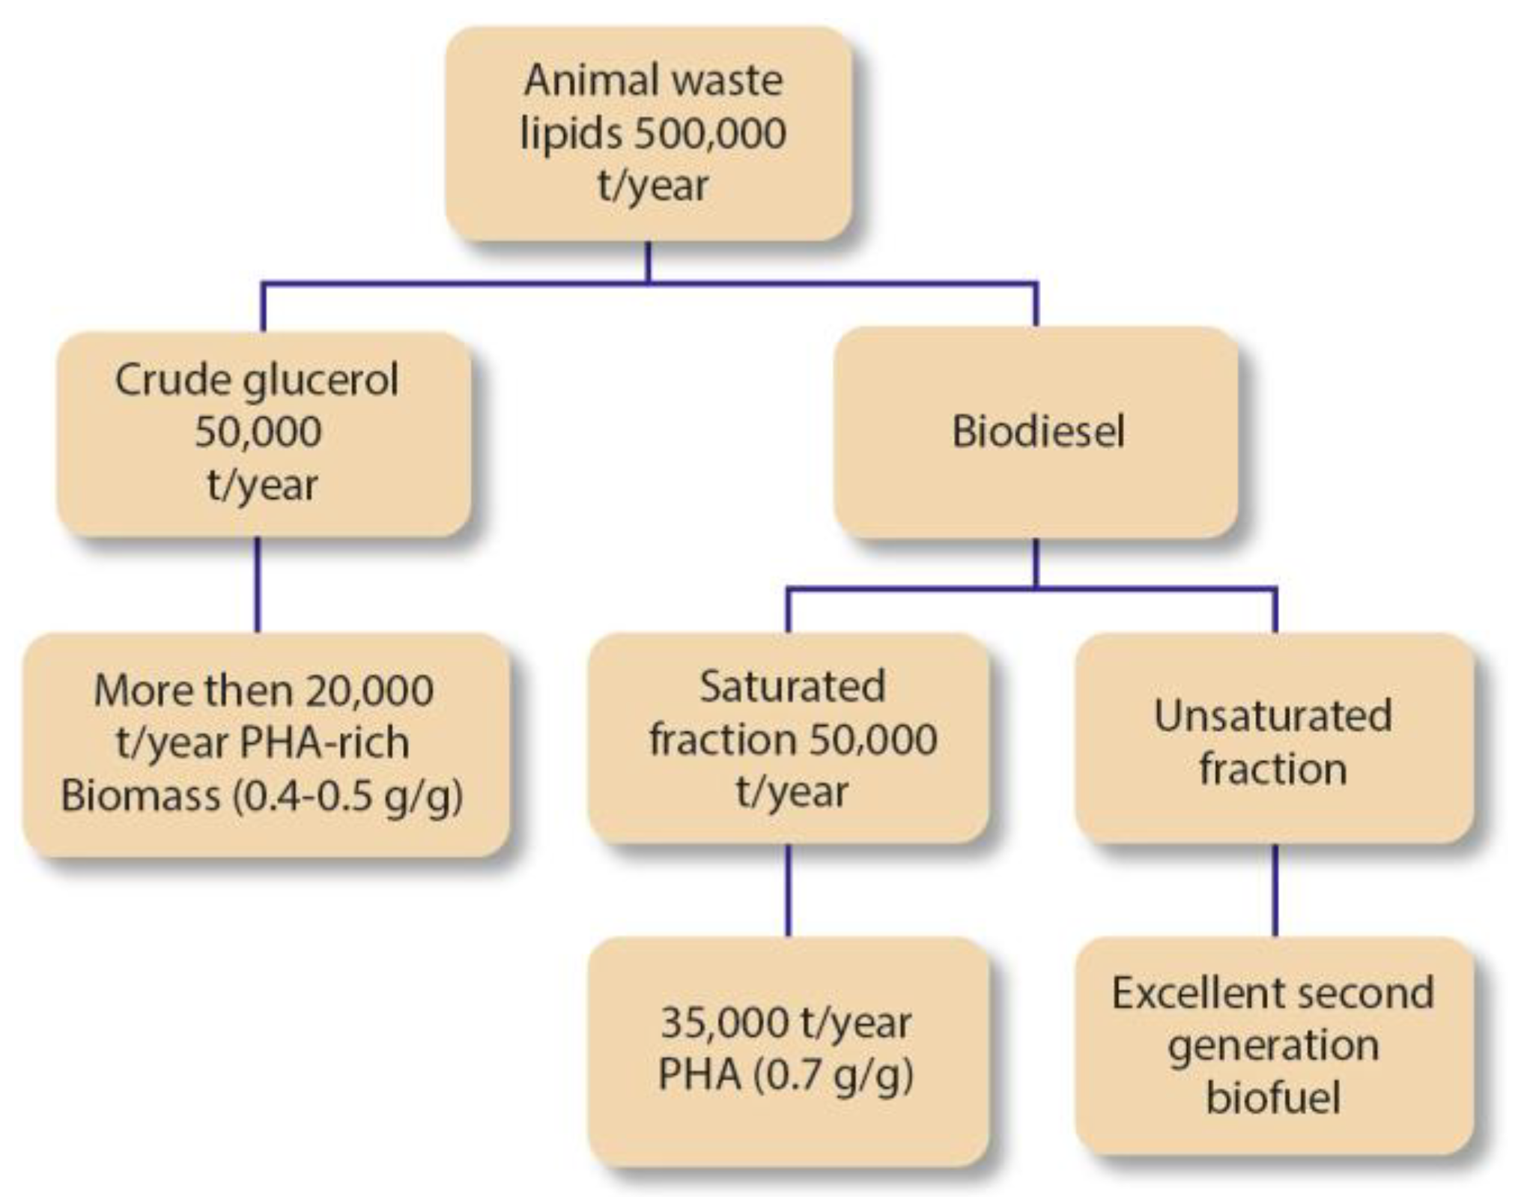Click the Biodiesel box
[x=1036, y=432]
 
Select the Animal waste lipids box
[x=649, y=133]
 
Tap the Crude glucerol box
[x=264, y=433]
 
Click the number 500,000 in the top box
[x=710, y=134]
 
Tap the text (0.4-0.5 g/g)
[x=347, y=796]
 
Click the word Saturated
[x=792, y=686]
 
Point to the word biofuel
[x=1273, y=1098]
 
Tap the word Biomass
[x=140, y=796]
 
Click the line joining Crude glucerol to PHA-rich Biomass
[x=258, y=584]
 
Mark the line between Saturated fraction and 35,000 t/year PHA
[x=788, y=890]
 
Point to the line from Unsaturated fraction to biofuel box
[x=1275, y=890]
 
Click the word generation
[x=1273, y=1046]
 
